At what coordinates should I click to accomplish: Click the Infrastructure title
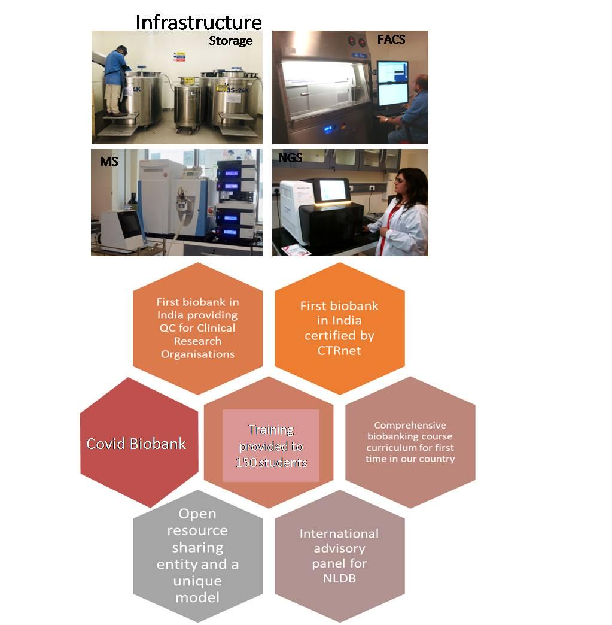(x=199, y=22)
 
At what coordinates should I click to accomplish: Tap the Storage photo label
(x=231, y=41)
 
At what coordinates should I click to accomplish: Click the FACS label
(x=391, y=39)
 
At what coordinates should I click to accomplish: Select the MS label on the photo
(x=109, y=162)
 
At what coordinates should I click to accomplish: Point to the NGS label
(x=290, y=158)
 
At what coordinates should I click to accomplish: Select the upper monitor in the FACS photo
(x=392, y=71)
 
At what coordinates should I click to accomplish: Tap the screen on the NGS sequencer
(x=332, y=190)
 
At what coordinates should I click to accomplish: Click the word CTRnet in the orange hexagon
(x=339, y=351)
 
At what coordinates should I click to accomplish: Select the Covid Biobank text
(x=136, y=444)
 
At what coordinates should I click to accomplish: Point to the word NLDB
(x=339, y=578)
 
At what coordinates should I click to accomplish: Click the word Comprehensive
(x=410, y=426)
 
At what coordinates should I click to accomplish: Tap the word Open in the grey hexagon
(x=197, y=514)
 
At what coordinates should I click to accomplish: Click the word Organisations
(x=197, y=354)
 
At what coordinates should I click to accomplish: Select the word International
(x=339, y=534)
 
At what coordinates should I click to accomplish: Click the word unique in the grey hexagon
(x=197, y=581)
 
